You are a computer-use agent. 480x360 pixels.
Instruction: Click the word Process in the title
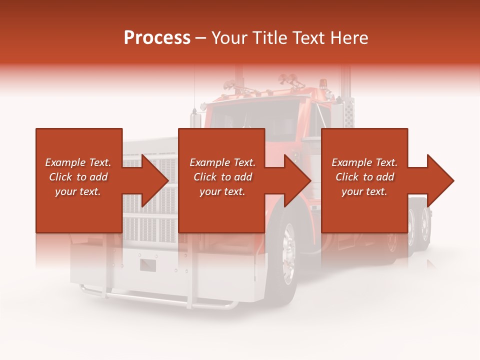point(157,37)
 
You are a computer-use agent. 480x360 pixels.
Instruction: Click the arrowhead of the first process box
point(155,180)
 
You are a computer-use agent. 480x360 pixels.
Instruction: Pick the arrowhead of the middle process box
point(298,180)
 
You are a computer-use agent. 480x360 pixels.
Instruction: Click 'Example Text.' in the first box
point(78,162)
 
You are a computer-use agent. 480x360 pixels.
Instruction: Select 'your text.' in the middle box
point(222,191)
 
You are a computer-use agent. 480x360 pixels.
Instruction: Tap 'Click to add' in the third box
point(364,177)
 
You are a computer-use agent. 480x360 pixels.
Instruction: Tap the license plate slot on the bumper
point(148,265)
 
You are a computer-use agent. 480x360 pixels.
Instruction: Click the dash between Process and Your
point(201,38)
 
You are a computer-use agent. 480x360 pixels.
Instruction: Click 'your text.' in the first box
point(78,191)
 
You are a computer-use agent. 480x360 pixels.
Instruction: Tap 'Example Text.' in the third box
point(364,162)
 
